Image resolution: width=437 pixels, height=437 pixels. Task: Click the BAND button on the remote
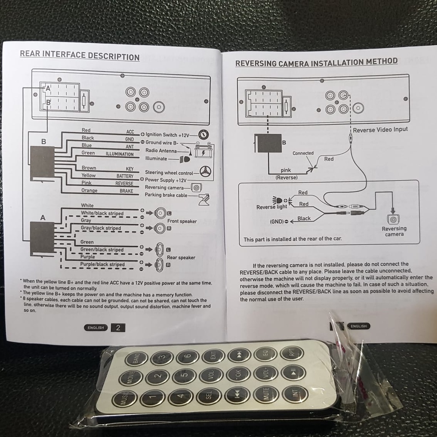(x=136, y=358)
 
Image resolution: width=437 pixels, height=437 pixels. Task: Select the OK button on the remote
(x=238, y=374)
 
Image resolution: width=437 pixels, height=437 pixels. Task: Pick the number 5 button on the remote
(x=184, y=376)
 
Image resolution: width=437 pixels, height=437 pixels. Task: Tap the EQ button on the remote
(x=265, y=354)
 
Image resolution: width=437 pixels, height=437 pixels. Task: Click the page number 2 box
(x=118, y=328)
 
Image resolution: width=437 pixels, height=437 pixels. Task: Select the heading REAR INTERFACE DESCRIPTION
(x=80, y=55)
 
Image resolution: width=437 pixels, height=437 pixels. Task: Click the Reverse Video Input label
(x=380, y=130)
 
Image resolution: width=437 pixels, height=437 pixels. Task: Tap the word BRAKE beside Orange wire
(x=126, y=191)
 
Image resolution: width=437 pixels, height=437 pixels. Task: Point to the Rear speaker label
(x=181, y=257)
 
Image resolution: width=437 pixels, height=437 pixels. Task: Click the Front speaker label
(x=182, y=221)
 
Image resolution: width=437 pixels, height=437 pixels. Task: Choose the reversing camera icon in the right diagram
(x=393, y=219)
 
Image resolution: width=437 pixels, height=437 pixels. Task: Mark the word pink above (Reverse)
(x=286, y=170)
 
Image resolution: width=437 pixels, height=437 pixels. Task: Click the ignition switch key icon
(x=204, y=135)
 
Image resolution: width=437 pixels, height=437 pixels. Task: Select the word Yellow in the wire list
(x=88, y=175)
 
